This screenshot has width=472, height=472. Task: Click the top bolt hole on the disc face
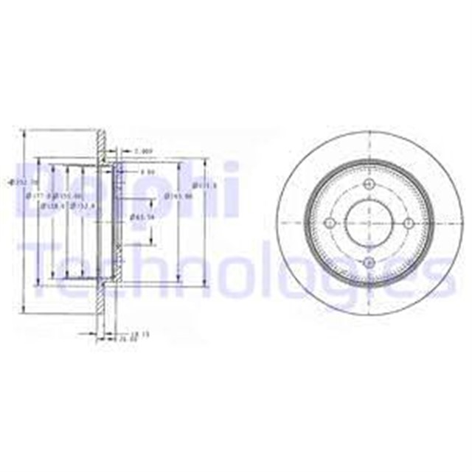point(366,183)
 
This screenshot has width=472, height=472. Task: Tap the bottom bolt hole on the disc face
point(366,263)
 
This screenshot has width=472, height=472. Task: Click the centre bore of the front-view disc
point(366,223)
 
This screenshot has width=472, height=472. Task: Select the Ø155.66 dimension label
point(69,197)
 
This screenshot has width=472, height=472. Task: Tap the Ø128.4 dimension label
point(52,206)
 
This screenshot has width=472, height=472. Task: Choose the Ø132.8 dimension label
point(80,206)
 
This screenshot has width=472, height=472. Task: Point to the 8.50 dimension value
point(146,172)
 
